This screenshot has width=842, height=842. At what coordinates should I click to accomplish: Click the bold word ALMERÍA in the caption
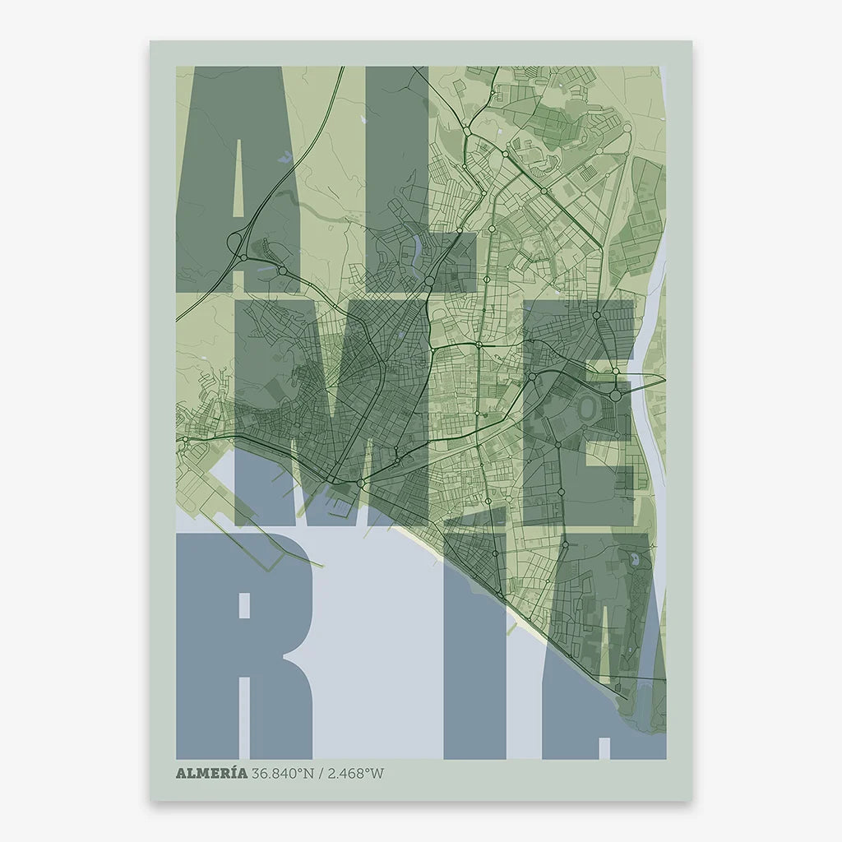coord(212,773)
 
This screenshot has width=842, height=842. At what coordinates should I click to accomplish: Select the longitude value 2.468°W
coord(356,773)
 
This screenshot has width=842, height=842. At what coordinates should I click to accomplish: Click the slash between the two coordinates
coord(321,773)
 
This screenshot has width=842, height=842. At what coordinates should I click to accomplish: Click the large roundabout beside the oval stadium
coord(616,396)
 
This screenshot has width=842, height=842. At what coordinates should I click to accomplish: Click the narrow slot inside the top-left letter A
coord(239,181)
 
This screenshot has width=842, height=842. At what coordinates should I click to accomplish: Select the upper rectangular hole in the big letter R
coord(243,605)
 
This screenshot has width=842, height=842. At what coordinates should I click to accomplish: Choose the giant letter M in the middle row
coord(329,411)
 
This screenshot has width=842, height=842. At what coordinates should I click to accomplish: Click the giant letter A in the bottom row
coord(608,658)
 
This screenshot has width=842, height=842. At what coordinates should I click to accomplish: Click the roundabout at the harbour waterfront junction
coord(360,483)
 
